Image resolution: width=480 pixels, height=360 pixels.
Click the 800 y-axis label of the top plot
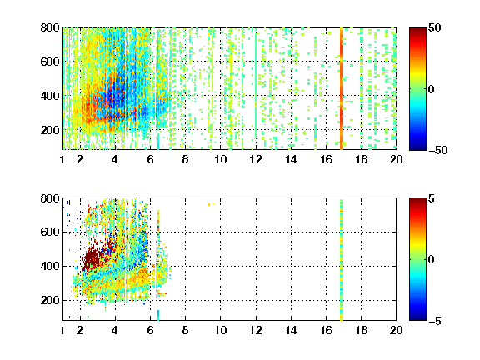[50, 27]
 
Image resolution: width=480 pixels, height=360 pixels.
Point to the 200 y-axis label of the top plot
[50, 130]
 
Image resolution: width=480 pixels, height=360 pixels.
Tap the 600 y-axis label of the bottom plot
[50, 232]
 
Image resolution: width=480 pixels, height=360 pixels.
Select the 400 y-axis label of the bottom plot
[50, 266]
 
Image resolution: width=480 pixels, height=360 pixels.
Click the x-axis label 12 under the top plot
[256, 159]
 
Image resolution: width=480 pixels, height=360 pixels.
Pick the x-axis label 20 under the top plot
[396, 159]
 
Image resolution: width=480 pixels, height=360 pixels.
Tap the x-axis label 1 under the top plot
[62, 159]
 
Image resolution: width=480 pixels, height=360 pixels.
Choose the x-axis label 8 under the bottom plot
[185, 330]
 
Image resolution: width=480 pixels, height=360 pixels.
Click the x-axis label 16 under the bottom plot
[326, 330]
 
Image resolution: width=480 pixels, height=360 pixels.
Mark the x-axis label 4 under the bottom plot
[115, 330]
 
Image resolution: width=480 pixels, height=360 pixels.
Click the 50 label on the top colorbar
[434, 27]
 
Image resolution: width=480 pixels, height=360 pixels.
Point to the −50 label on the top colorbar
[437, 150]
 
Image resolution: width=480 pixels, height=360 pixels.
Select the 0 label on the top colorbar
[431, 89]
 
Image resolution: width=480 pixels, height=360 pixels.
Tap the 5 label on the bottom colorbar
[431, 198]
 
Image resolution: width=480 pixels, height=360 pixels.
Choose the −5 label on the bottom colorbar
[434, 321]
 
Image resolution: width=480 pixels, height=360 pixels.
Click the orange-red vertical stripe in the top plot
[342, 88]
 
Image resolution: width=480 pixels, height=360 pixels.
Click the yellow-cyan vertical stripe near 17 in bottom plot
[342, 260]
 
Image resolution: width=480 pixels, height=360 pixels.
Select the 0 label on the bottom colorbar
[431, 260]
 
